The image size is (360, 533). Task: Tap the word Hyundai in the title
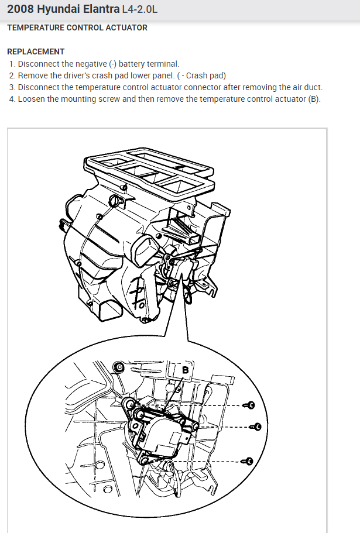tap(58, 9)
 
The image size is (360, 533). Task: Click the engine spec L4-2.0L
tap(139, 10)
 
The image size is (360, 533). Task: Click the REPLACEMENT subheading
tap(36, 51)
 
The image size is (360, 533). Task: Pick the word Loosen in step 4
tap(33, 99)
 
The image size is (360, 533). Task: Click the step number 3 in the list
tap(12, 87)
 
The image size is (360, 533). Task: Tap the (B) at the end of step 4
tap(314, 99)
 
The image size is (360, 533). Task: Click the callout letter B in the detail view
tap(186, 370)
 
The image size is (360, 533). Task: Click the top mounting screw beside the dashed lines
tap(251, 405)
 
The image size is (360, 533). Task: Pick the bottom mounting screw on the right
tap(249, 461)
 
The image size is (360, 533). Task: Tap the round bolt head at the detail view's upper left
tap(119, 368)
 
